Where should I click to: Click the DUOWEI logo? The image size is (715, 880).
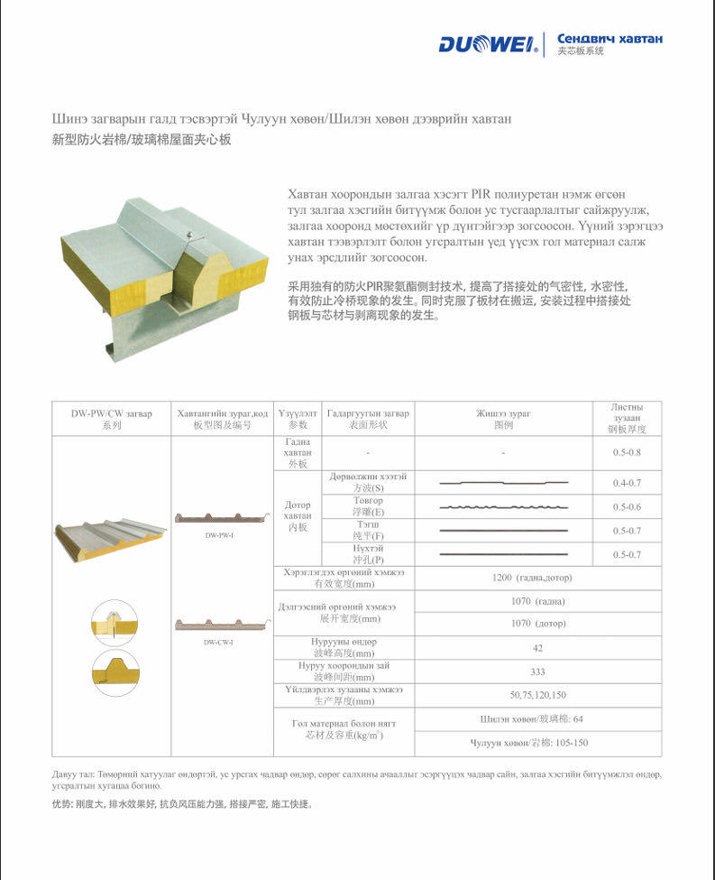tap(488, 44)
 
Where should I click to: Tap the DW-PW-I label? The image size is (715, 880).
tap(220, 535)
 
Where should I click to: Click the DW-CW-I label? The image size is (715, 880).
tap(219, 642)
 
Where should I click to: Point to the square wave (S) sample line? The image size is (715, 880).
tap(503, 483)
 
